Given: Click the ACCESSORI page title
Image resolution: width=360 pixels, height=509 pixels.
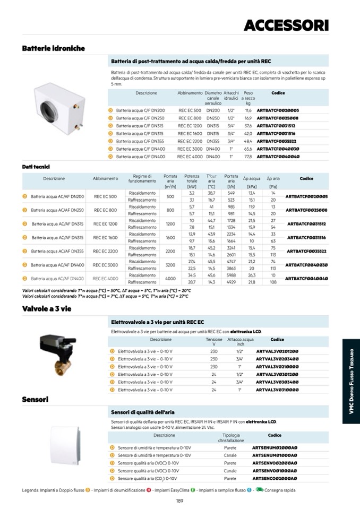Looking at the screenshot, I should (x=286, y=25).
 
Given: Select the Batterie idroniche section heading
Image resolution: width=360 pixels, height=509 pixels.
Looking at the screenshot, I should (x=53, y=48).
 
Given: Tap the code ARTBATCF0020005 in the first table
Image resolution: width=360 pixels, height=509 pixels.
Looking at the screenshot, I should (x=278, y=110).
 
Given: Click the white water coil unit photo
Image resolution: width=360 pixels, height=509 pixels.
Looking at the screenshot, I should (x=59, y=107).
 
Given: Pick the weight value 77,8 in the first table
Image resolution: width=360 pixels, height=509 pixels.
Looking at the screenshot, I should (x=248, y=157).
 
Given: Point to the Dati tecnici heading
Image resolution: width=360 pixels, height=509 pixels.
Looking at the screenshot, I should (x=35, y=167).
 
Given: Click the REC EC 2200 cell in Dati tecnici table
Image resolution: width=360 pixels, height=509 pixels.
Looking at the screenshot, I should (x=105, y=251).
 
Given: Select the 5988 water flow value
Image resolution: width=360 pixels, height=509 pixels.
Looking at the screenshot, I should (x=231, y=275).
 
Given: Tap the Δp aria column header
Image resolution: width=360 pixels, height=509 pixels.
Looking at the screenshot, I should (x=273, y=179).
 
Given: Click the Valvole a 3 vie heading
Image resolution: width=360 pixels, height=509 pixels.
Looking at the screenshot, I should (x=46, y=309).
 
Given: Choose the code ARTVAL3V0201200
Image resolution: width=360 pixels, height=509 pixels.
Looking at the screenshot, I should (x=277, y=351).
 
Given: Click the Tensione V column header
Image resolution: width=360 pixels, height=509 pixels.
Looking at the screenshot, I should (x=214, y=342).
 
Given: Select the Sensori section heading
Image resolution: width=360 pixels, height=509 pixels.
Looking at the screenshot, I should (x=36, y=399).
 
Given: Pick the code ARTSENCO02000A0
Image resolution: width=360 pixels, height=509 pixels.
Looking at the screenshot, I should (x=275, y=478).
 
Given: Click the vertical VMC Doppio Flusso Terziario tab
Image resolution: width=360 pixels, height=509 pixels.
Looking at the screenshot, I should (x=351, y=382).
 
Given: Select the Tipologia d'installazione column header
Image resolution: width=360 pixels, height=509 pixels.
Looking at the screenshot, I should (x=230, y=438).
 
